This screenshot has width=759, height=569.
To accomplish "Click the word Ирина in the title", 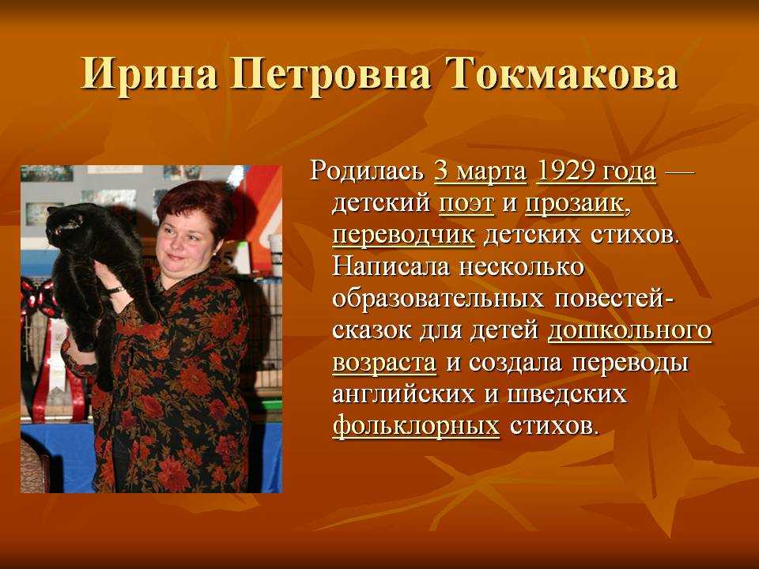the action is click(x=149, y=75).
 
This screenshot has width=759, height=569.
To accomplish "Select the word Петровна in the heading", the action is click(x=330, y=75).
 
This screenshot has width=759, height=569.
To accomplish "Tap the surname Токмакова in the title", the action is click(x=562, y=75).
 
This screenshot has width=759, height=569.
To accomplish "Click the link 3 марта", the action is click(x=480, y=172).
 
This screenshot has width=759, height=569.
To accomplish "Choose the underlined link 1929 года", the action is click(x=596, y=172).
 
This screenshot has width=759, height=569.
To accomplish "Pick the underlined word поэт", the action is click(x=466, y=204).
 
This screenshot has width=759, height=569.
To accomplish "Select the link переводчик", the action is click(x=404, y=236).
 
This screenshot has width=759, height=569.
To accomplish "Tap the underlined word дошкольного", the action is click(x=629, y=332).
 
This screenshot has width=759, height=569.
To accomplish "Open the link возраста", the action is click(x=384, y=364).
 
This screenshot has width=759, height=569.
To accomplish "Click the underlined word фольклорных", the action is click(x=416, y=426).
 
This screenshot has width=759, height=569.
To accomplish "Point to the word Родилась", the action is click(x=366, y=171).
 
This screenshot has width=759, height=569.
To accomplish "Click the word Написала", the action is click(x=391, y=267).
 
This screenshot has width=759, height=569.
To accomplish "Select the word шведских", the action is click(x=567, y=394).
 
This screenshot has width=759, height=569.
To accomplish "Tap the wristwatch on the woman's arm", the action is click(x=115, y=290).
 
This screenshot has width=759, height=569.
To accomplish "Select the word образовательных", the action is click(x=437, y=299).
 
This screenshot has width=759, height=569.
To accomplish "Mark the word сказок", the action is click(x=372, y=332).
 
